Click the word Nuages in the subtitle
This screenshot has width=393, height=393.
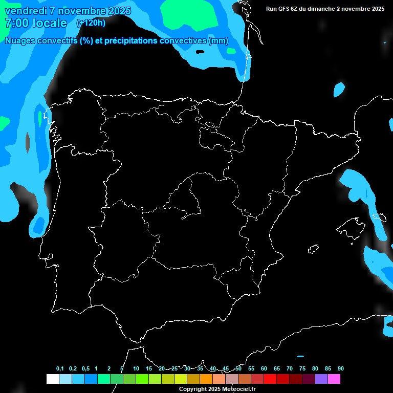pos(20,41)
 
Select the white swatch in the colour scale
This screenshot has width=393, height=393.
pos(52,379)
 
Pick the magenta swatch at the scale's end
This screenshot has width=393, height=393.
pos(334,379)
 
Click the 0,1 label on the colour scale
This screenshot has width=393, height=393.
pos(60,369)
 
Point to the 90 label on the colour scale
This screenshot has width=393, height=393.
pos(340,369)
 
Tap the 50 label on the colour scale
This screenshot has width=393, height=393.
pos(238,369)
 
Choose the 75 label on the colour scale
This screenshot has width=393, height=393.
pos(302,369)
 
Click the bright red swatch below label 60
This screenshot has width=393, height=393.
pos(270,379)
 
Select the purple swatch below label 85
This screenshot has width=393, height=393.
pos(321,379)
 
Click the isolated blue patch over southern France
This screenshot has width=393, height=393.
pos(339,90)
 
